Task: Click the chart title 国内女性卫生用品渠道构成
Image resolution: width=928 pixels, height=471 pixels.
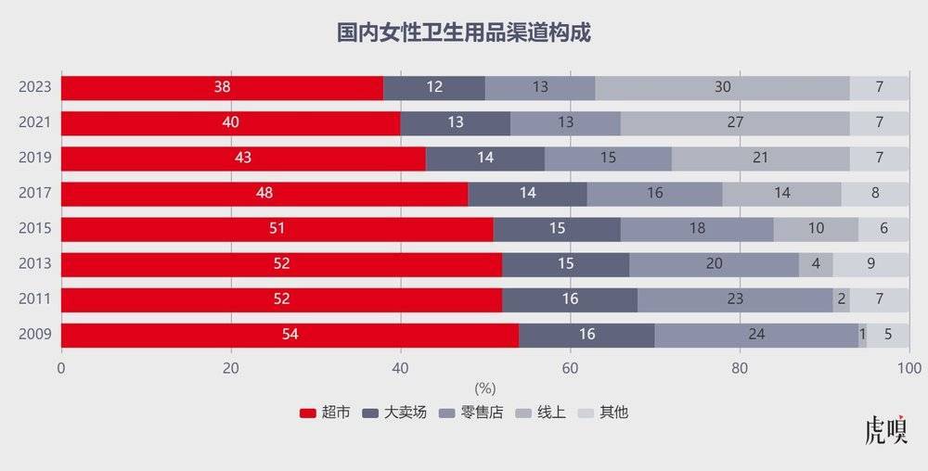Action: point(463,33)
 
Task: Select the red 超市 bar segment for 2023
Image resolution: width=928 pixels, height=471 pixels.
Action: point(222,88)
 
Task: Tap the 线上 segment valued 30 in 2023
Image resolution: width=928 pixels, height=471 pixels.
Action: point(722,88)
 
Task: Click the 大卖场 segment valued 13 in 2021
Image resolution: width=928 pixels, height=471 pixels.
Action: point(455,123)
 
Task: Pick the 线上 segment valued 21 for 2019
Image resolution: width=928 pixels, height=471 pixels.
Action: point(760,159)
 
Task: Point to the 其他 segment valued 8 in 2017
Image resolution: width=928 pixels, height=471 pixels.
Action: point(875,194)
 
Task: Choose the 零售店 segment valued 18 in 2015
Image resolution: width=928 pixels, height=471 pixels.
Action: point(696,229)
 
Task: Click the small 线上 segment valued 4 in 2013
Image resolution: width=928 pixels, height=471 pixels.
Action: point(816,264)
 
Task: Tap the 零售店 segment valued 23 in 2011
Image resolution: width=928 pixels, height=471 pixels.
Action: point(735,299)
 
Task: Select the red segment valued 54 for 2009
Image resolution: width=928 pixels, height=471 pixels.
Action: point(290,335)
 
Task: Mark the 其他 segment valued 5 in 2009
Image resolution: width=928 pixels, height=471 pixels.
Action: point(888,335)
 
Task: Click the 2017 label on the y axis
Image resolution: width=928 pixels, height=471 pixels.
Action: point(34,194)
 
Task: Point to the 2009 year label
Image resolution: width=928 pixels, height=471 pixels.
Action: point(34,335)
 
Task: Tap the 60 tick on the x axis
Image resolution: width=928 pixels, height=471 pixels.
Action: point(570,368)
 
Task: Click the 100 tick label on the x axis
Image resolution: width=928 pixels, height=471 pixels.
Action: point(909,368)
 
